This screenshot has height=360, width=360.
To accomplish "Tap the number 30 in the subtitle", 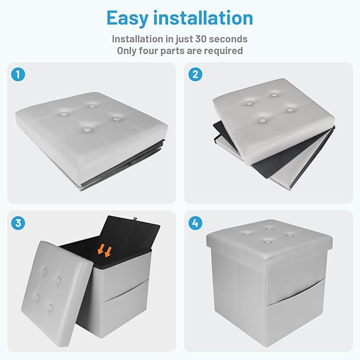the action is click(201, 39).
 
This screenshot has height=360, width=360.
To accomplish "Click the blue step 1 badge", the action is click(18, 74).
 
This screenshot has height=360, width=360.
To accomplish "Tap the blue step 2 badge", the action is click(196, 74).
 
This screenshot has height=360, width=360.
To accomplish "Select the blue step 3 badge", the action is click(18, 223).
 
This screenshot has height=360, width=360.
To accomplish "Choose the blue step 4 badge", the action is click(196, 223).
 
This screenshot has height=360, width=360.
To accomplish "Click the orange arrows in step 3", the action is click(104, 250).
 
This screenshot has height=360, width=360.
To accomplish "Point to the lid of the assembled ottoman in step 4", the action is click(269, 240).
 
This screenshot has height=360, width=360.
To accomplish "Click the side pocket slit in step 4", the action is click(296, 292).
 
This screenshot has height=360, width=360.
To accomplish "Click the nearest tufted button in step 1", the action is click(87, 130).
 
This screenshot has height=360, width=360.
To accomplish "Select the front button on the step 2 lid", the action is click(262, 120).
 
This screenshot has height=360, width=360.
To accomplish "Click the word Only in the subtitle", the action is click(127, 51).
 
